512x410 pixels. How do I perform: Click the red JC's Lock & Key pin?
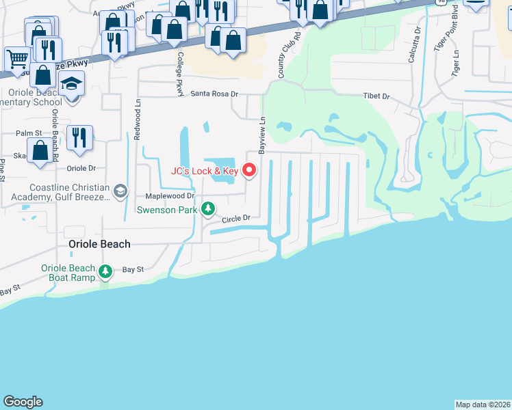click(x=250, y=169)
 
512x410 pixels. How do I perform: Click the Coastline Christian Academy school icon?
click(x=121, y=191)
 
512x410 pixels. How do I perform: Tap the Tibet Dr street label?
click(x=376, y=96)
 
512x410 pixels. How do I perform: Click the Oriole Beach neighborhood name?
click(x=100, y=244)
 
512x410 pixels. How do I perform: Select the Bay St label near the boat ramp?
click(x=133, y=269)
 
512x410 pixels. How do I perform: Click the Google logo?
click(x=23, y=402)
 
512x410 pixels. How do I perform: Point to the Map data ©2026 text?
click(x=483, y=404)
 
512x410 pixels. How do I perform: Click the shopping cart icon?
click(x=16, y=57)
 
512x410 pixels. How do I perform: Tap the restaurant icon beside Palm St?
click(x=81, y=138)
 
